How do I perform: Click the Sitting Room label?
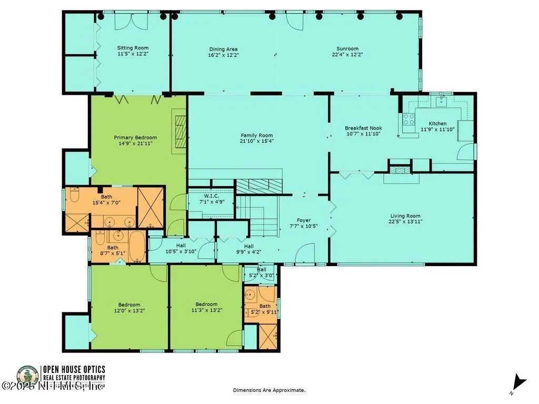point(133,48)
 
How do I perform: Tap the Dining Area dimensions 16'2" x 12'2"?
point(223,55)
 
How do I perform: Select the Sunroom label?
point(347,48)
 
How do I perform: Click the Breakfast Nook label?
point(363,128)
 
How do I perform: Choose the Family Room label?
point(257,135)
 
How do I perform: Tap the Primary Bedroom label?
point(135,138)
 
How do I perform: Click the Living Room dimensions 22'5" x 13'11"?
point(405,221)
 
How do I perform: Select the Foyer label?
point(304,220)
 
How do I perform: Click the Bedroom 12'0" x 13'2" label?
point(129,305)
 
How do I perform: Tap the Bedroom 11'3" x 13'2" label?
point(206,304)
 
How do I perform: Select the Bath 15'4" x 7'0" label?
point(107,197)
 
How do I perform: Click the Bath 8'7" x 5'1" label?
point(113,248)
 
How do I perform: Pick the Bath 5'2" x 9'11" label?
point(265,306)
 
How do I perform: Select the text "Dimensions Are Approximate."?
point(269,390)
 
